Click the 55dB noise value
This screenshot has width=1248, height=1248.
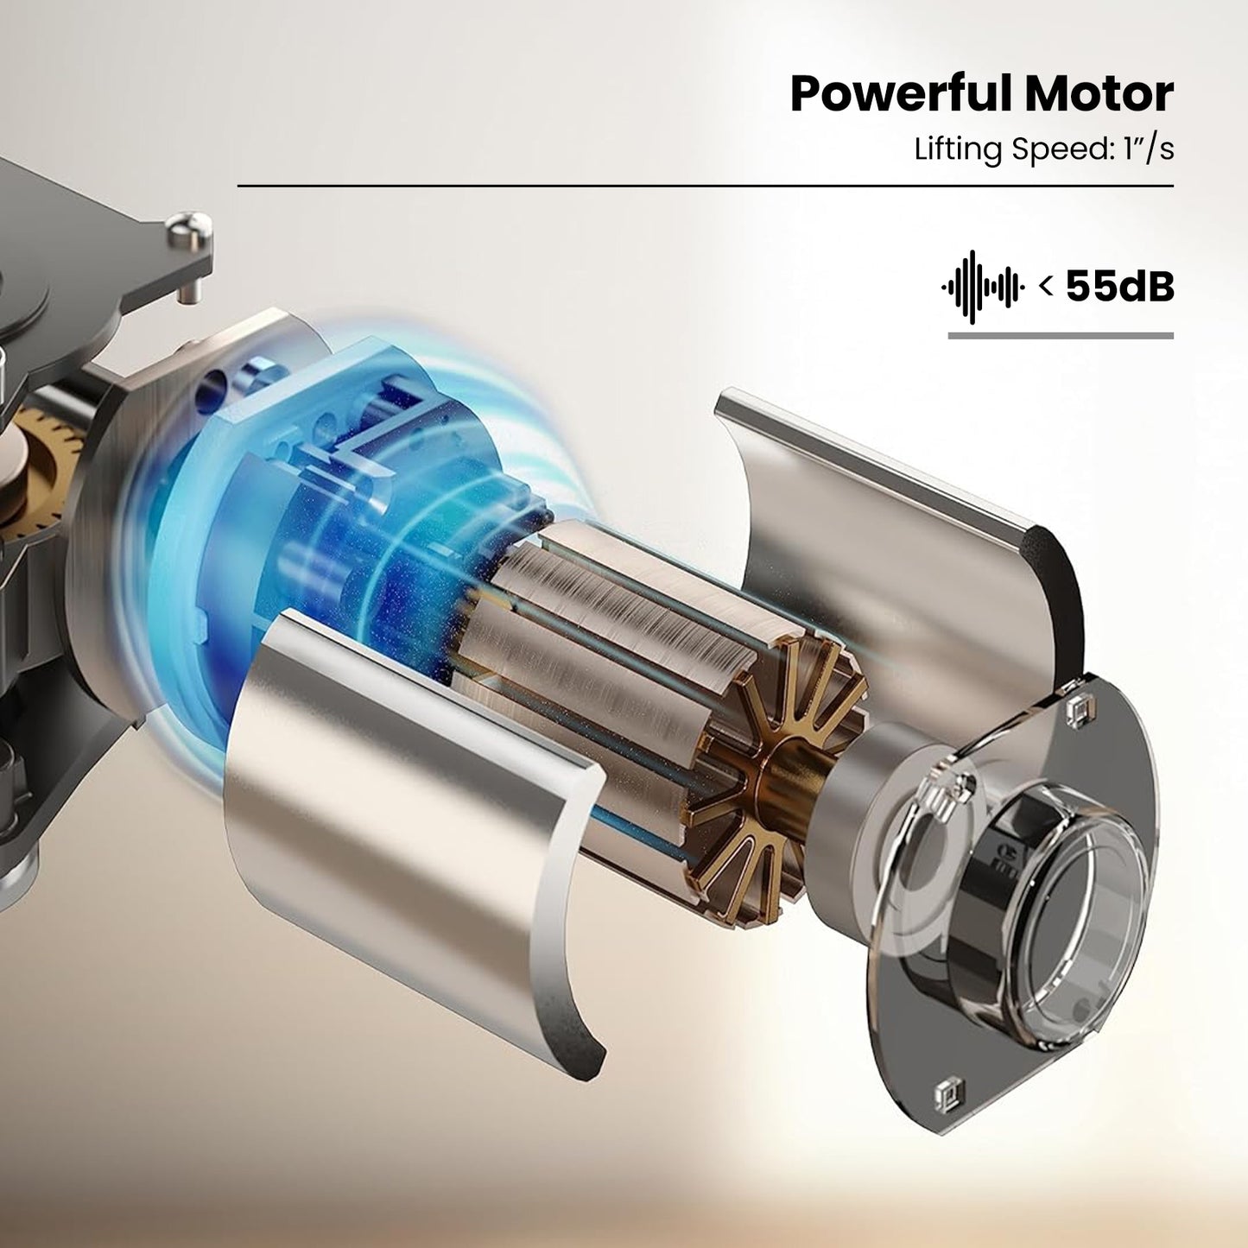1120,286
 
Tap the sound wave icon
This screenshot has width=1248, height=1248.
983,286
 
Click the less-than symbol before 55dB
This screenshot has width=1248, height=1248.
1046,286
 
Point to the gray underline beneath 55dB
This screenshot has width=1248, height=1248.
1061,335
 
